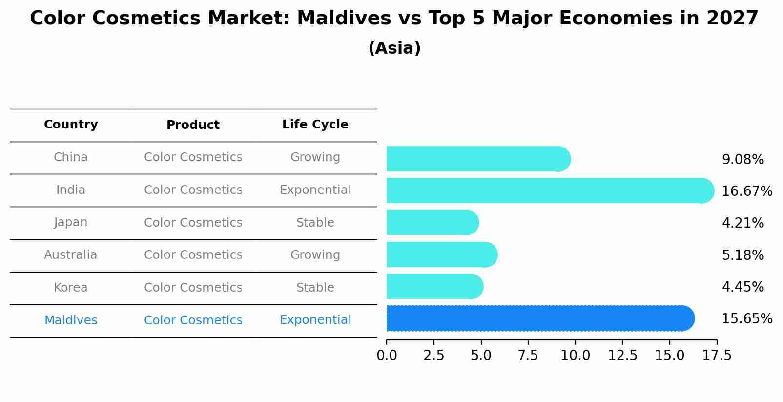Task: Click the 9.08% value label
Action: [x=742, y=160]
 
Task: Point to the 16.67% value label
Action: [x=747, y=191]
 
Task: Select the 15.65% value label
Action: [x=747, y=319]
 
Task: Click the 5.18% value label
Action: [x=742, y=255]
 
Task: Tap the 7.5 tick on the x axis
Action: [x=528, y=356]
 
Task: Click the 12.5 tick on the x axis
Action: [x=622, y=356]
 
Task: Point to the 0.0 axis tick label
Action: [x=387, y=356]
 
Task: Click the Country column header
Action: [x=71, y=125]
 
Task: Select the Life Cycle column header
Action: [x=315, y=125]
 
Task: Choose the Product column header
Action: [x=193, y=125]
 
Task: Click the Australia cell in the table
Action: [x=71, y=255]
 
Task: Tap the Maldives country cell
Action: [x=71, y=320]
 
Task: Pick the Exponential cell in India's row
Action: [x=315, y=190]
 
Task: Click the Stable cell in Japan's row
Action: [x=315, y=223]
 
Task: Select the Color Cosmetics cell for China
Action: [x=193, y=157]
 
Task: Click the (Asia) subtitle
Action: [x=394, y=48]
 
